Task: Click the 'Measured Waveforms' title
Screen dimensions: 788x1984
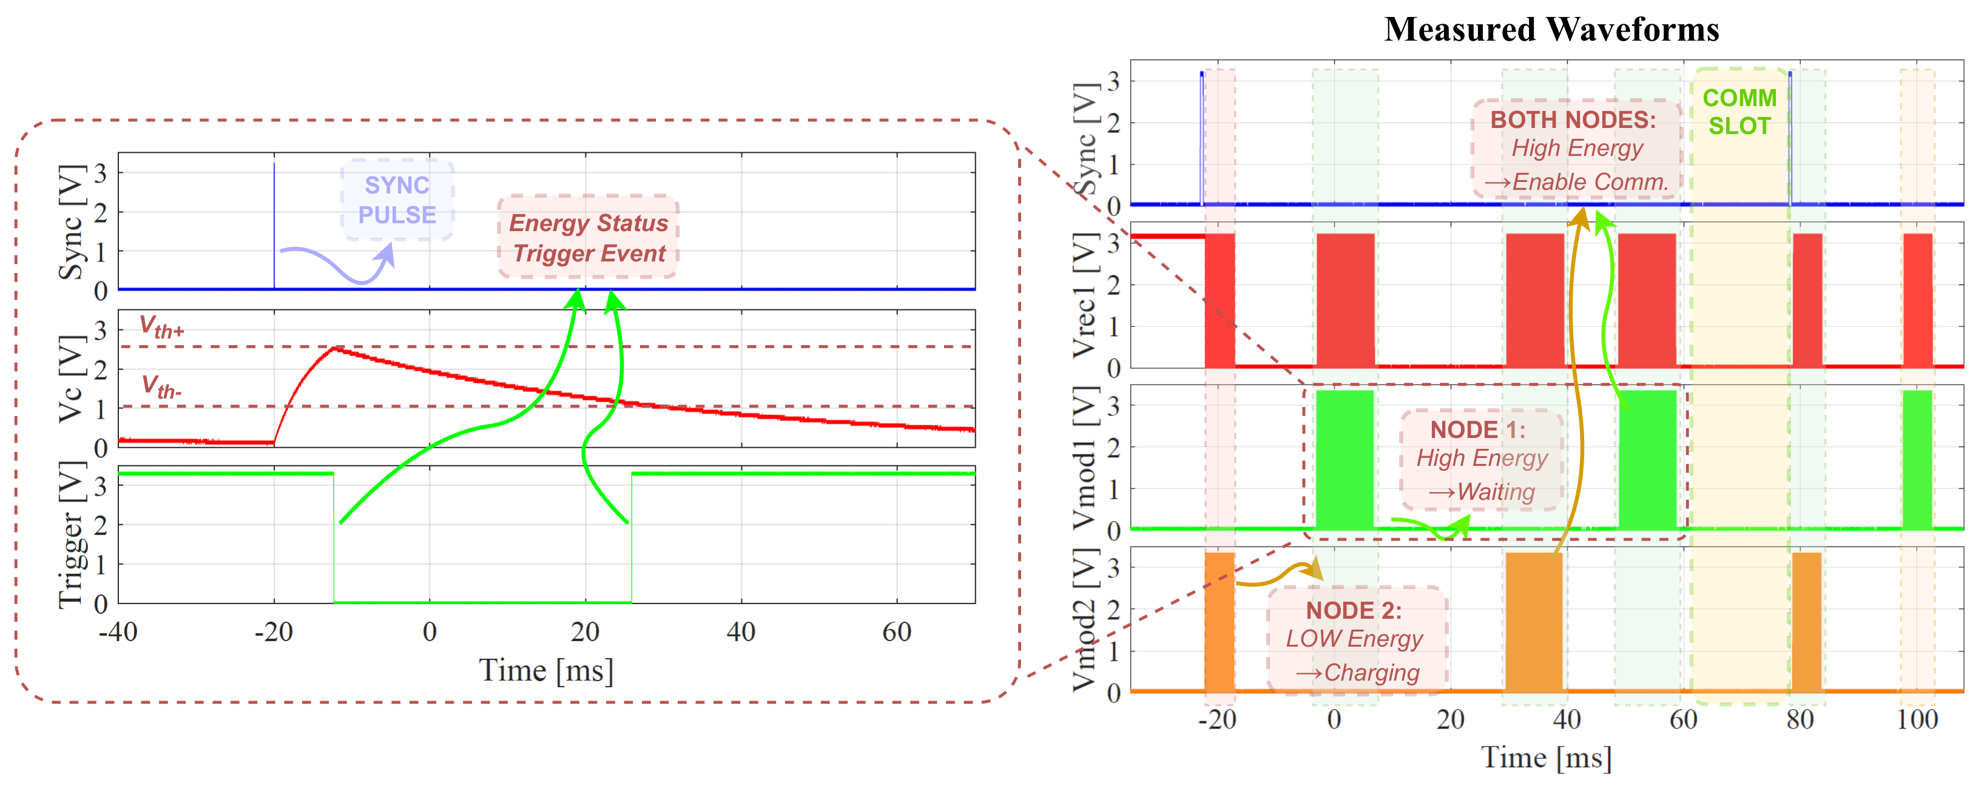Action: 1551,29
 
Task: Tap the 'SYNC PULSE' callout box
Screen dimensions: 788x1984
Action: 397,200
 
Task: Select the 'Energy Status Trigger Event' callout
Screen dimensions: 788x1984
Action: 589,237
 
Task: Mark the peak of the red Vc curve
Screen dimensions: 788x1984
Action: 332,348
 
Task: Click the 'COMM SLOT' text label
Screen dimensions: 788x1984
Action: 1739,112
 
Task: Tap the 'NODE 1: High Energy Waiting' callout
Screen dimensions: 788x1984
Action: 1481,460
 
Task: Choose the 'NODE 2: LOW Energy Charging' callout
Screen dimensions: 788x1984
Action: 1355,640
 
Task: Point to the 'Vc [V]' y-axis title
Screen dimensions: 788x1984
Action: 71,379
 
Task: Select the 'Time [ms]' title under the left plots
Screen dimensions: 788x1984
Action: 546,670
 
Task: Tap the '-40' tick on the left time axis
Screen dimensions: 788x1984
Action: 118,633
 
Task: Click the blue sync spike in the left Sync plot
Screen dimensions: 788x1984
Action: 274,223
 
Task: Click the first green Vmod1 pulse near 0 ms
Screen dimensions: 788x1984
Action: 1345,459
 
